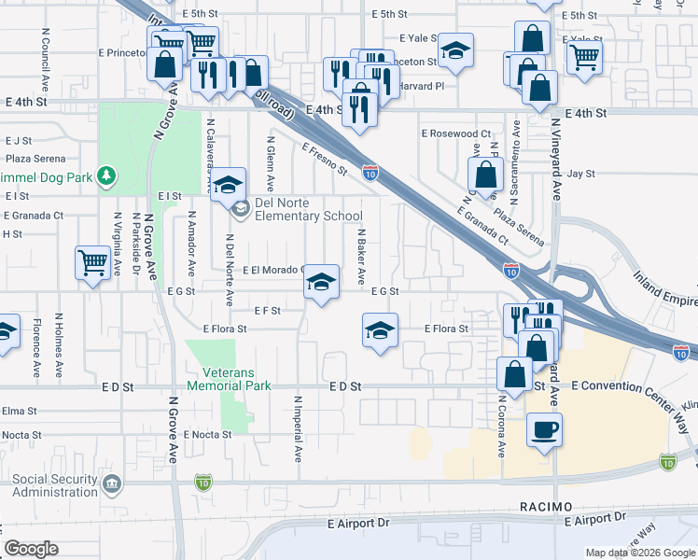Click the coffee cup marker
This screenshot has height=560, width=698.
tap(545, 430)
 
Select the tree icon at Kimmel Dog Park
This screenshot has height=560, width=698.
tap(108, 175)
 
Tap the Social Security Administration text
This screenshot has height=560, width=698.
tap(54, 485)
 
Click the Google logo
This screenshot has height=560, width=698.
tap(31, 548)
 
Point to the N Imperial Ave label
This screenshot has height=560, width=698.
tap(299, 429)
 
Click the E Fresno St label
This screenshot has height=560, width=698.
tap(324, 159)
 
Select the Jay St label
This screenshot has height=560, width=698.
tap(580, 174)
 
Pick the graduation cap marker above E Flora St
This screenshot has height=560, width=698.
tap(379, 331)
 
